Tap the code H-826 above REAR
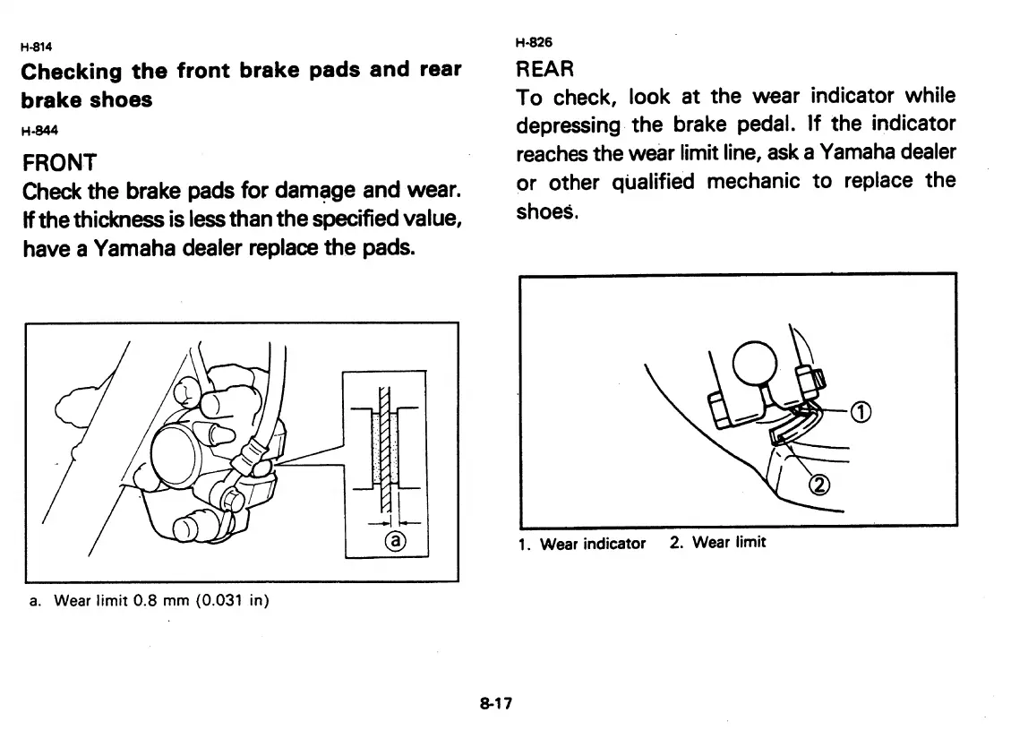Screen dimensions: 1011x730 pyautogui.click(x=535, y=42)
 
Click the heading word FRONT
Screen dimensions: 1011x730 pyautogui.click(x=59, y=163)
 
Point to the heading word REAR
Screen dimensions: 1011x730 pyautogui.click(x=545, y=69)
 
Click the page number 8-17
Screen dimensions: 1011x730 pyautogui.click(x=494, y=703)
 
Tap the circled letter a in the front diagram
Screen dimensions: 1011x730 pyautogui.click(x=394, y=539)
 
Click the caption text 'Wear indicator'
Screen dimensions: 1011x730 pyautogui.click(x=593, y=544)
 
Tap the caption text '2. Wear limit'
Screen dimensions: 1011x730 pyautogui.click(x=717, y=543)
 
